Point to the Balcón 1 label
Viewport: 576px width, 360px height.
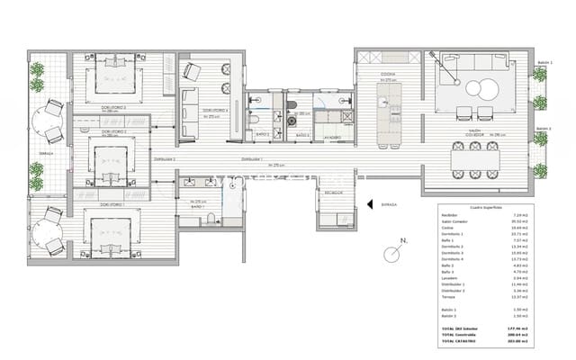click(543, 62)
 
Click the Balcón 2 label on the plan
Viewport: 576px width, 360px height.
click(543, 129)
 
